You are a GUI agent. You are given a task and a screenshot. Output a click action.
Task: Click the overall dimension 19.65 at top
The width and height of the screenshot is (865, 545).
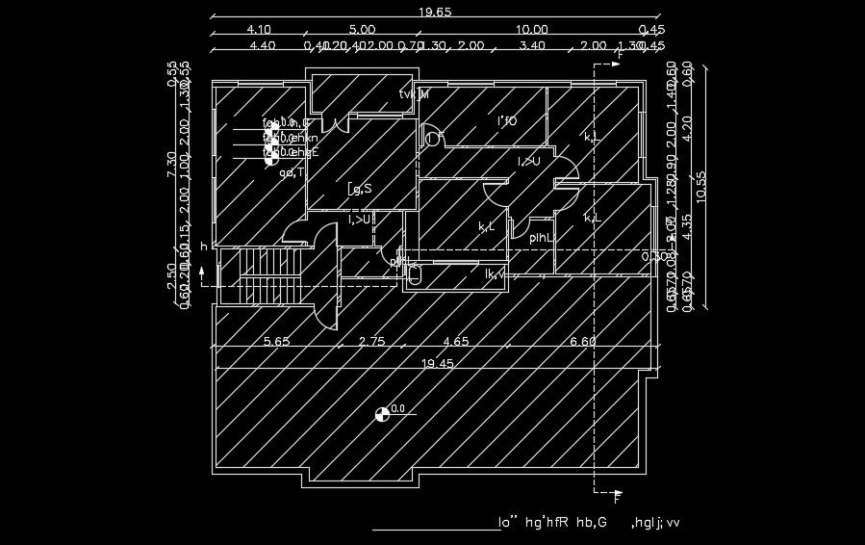click(435, 12)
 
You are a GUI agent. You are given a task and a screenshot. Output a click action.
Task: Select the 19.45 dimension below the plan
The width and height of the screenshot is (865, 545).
click(436, 363)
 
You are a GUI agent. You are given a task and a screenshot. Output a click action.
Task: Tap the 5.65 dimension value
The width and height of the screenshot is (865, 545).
click(277, 341)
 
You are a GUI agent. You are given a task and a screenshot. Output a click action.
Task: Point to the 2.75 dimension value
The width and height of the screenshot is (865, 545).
click(371, 341)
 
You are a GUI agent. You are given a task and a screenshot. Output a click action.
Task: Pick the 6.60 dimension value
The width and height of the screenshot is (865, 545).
click(584, 341)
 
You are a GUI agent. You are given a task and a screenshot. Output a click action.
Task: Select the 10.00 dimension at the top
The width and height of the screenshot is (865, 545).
click(531, 30)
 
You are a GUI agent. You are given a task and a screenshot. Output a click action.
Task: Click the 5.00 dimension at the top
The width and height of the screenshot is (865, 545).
click(362, 30)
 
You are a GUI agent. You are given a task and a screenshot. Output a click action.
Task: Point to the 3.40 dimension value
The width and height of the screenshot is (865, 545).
click(531, 45)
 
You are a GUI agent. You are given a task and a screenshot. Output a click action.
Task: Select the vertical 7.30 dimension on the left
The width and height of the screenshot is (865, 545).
click(172, 165)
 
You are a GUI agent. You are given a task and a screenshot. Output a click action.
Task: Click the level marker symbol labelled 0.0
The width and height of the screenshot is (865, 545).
click(382, 414)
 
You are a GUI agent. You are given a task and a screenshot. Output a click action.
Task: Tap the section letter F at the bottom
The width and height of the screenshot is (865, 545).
click(617, 498)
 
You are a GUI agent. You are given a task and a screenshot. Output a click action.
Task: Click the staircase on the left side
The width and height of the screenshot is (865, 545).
click(267, 275)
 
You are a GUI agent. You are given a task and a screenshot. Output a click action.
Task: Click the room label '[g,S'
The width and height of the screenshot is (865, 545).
click(360, 190)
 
